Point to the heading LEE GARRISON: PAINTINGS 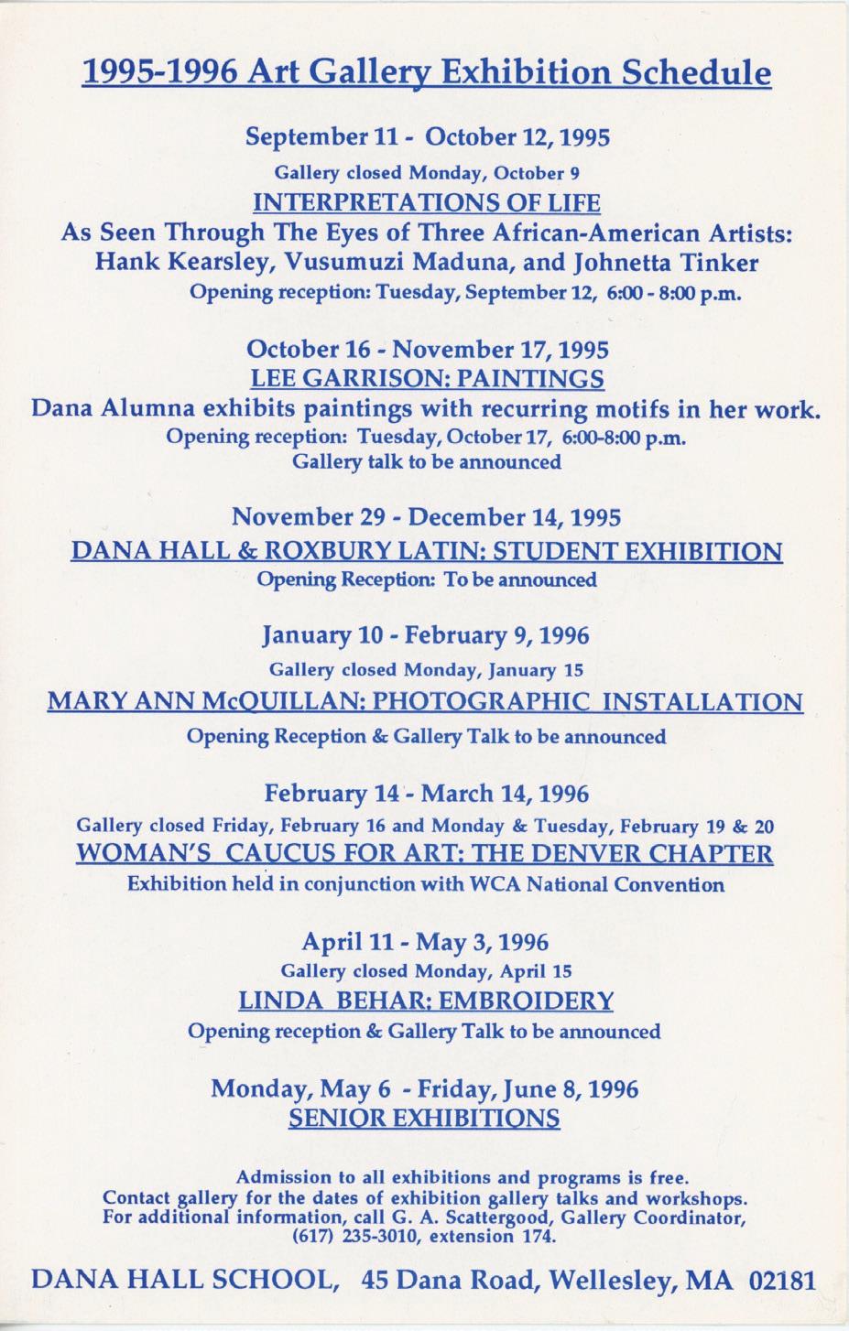click(427, 378)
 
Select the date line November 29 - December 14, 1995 click(426, 517)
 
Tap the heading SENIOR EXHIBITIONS click(424, 1118)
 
